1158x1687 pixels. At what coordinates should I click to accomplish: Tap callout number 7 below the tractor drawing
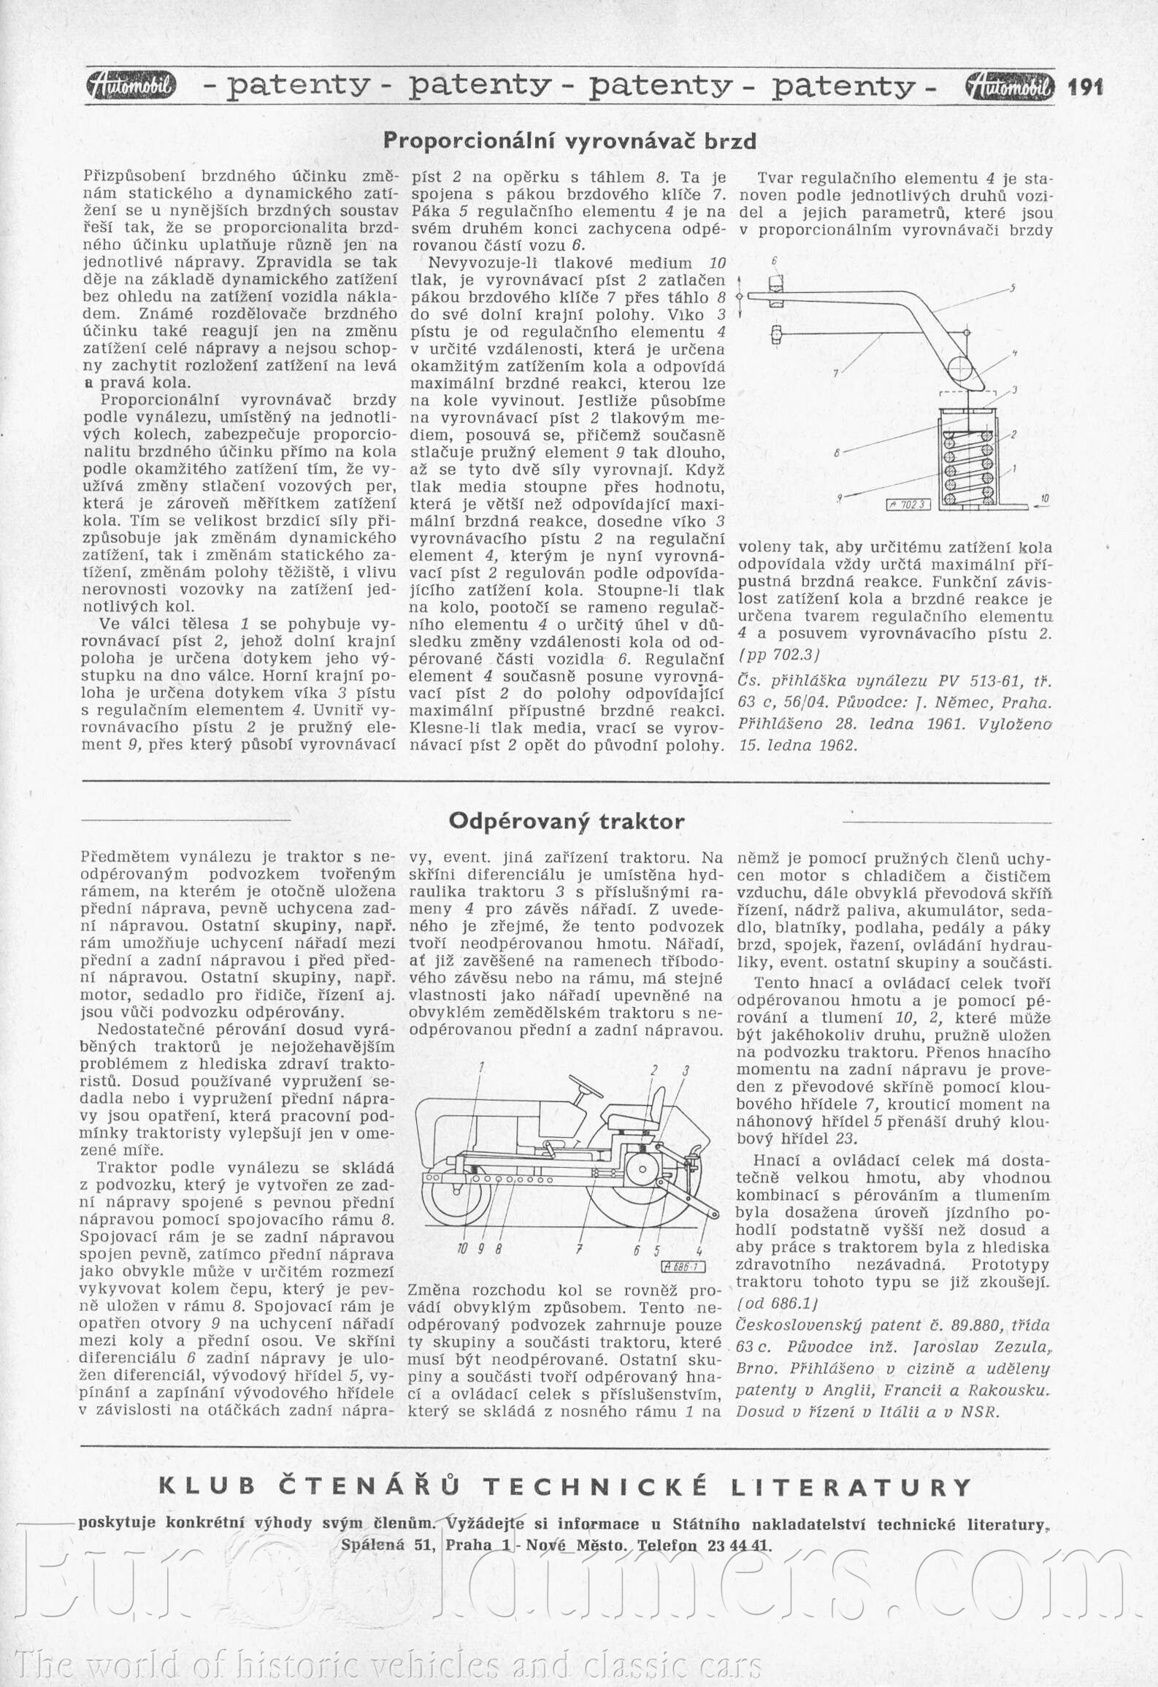click(x=578, y=1250)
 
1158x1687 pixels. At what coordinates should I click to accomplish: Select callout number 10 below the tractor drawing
click(x=461, y=1250)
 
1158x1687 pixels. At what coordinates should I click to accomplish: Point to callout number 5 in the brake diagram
click(x=1013, y=287)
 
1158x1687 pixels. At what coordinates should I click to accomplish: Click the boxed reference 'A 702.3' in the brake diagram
click(x=907, y=504)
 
